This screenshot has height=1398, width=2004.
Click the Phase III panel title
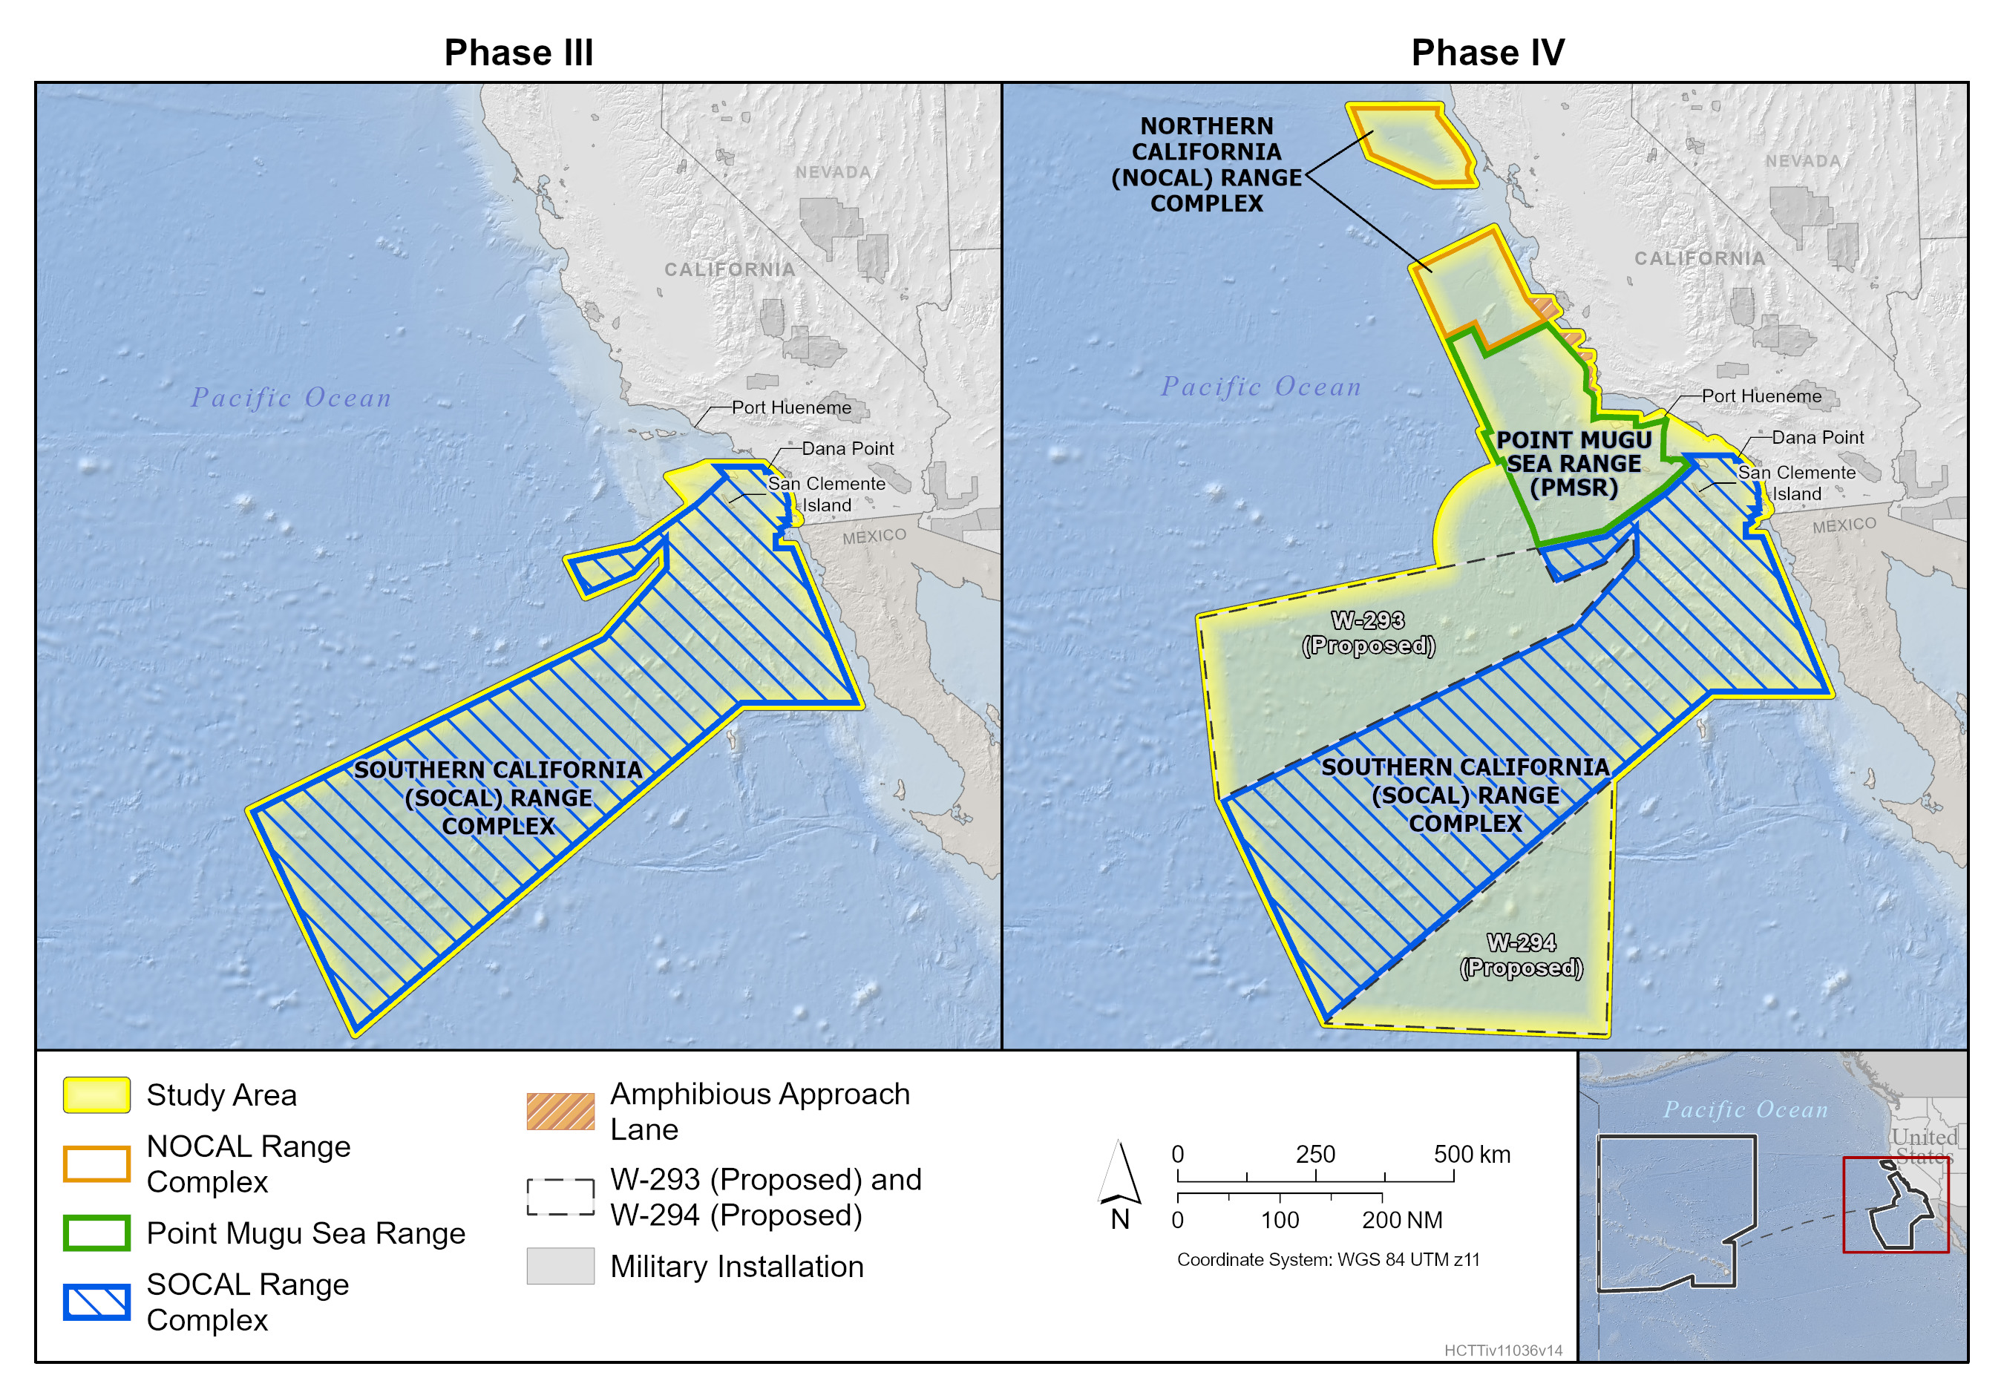click(519, 53)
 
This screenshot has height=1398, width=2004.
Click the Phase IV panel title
click(1487, 53)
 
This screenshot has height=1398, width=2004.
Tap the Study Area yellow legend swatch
click(97, 1095)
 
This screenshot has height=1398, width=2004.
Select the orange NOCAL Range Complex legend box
click(97, 1164)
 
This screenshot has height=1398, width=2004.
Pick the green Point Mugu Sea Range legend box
click(97, 1233)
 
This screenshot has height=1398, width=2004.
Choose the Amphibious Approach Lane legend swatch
click(560, 1111)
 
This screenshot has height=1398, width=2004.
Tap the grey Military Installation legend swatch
click(560, 1265)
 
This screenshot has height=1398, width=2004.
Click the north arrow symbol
click(1119, 1174)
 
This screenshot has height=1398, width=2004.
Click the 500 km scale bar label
click(1472, 1154)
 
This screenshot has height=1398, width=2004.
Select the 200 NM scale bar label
click(1402, 1220)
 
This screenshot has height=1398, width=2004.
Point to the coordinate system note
click(1328, 1259)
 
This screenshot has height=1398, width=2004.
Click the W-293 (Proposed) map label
click(1368, 633)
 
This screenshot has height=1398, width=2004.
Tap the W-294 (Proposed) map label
click(1522, 955)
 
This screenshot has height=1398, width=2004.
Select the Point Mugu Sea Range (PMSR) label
click(1574, 463)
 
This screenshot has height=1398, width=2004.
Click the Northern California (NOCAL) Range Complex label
click(1206, 165)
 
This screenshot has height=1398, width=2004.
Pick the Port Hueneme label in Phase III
click(790, 407)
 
